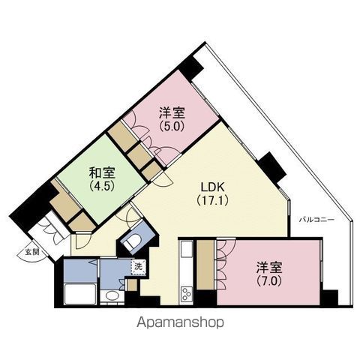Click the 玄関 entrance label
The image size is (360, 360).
point(32,252)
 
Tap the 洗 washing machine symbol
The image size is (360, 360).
point(139,267)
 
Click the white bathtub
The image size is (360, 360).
point(80,294)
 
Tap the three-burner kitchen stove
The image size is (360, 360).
point(186,295)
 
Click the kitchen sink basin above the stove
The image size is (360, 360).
point(186,249)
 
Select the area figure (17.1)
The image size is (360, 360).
point(212,200)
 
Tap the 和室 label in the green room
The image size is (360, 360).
point(102,172)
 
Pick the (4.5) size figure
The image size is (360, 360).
point(102,186)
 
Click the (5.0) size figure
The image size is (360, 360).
point(172,126)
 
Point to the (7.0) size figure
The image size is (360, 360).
point(269,280)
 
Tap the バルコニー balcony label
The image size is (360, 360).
point(317,220)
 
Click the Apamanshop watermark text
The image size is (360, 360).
point(180,322)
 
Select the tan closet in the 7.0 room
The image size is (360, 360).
point(205,265)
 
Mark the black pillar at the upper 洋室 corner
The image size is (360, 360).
point(190,67)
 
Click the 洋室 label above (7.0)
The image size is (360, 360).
point(269,268)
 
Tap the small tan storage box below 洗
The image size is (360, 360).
point(132,285)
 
